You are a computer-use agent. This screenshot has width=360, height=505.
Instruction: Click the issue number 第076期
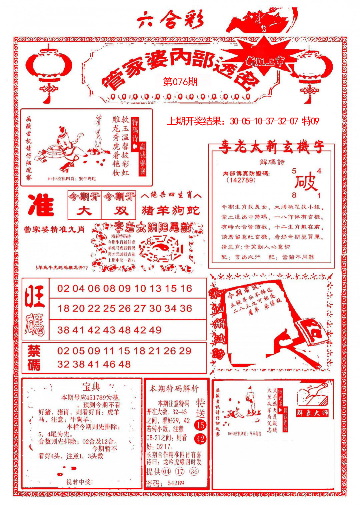coord(180,82)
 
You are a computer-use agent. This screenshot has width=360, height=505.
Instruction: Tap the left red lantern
coord(49,68)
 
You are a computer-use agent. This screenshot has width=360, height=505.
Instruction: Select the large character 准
coord(41,205)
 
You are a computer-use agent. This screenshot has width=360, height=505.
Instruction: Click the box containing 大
coord(84,211)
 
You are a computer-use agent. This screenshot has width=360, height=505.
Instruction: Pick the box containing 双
coord(119,211)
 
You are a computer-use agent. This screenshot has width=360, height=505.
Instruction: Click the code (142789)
coord(241,180)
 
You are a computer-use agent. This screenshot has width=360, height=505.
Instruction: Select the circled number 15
coord(200,425)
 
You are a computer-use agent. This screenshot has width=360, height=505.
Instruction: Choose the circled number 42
coord(200,439)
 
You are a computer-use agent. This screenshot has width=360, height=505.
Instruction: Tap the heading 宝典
coord(91,387)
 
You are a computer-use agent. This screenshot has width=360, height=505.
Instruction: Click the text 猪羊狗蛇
coord(171,210)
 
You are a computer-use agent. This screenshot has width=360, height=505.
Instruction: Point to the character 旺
coord(35,296)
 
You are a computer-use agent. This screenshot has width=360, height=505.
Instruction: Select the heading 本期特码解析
coord(174,388)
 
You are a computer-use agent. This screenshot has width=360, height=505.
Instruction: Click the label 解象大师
coord(312,413)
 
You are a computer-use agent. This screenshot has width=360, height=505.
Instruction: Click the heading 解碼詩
coord(272,162)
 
